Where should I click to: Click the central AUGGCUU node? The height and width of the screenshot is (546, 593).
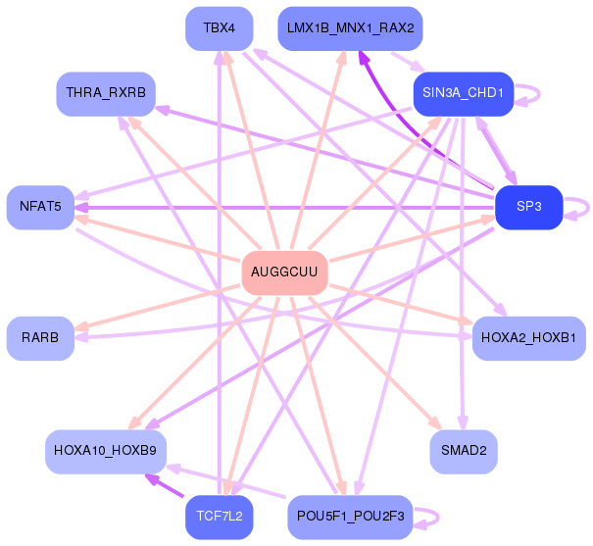pos(285,273)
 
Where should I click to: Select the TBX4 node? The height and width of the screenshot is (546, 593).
pos(220,28)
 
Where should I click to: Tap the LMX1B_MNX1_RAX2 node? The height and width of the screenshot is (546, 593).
pos(350,28)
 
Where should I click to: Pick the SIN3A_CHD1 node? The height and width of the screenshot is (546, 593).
pos(464,94)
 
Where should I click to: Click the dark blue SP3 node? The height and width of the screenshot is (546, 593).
pos(529,207)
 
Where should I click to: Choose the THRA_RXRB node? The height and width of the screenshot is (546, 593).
pos(106,94)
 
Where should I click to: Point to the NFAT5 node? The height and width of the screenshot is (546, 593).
pos(40,207)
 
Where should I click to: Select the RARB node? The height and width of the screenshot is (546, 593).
pos(40,338)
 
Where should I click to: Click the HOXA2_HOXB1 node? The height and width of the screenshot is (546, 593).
pos(529,338)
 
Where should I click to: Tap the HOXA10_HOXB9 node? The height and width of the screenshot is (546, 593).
pos(106,452)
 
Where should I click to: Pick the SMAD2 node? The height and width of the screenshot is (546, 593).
pos(464,452)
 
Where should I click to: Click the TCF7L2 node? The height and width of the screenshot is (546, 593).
pos(220,517)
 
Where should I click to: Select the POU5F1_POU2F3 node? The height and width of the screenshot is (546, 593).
pos(350,517)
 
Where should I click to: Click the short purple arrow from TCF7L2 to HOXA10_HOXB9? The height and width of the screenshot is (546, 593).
pos(165,485)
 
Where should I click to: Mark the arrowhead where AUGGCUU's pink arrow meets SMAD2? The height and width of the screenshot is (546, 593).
pos(436,423)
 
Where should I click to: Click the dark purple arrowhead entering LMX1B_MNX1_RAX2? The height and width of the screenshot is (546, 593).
pos(363,57)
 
